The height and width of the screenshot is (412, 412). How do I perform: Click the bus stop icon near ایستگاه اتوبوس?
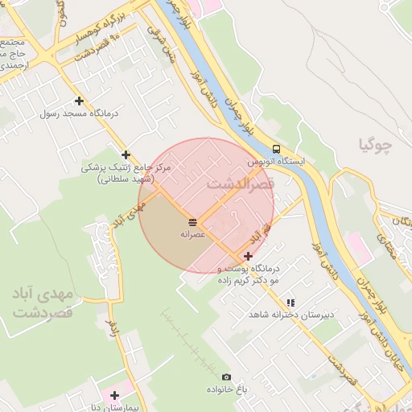point(276,149)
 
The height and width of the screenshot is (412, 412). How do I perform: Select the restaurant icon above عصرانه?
point(193,221)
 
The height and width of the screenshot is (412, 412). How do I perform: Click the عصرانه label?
point(194,233)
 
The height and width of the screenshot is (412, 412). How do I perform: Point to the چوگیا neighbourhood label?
point(375,146)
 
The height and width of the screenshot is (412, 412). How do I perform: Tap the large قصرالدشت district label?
point(241,183)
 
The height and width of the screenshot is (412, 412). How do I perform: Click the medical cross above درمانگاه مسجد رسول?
point(79,101)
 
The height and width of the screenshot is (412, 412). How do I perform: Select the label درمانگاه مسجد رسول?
point(79,113)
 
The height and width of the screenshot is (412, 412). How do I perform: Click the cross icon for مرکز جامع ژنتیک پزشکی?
point(126,154)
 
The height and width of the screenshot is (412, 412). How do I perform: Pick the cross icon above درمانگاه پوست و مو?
point(247,256)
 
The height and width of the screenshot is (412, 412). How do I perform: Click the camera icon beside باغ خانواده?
point(226,377)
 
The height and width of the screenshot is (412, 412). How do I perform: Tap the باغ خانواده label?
point(228,389)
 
